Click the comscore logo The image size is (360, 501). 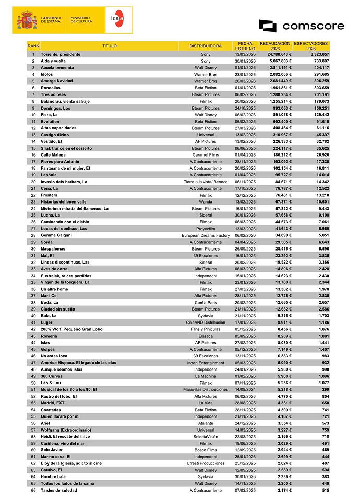[x=302, y=26]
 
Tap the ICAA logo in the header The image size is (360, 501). [x=118, y=20]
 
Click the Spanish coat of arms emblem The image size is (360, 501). [x=26, y=21]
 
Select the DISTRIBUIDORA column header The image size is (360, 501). [x=205, y=46]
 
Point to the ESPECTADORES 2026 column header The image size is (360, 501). [x=311, y=46]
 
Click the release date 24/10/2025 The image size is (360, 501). [x=245, y=108]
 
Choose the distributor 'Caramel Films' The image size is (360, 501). [x=206, y=155]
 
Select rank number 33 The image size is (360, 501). [x=33, y=269]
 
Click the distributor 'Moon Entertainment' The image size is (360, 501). [x=206, y=363]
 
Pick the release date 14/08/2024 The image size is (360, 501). [x=245, y=390]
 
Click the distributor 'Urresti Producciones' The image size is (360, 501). [x=206, y=463]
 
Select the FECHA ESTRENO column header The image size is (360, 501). [x=245, y=46]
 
